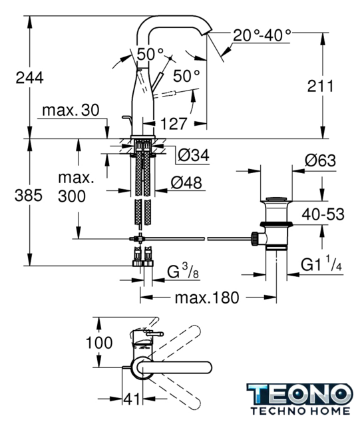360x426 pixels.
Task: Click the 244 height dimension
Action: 30,78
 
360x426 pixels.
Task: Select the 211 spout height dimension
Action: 320,86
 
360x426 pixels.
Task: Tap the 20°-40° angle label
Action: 262,35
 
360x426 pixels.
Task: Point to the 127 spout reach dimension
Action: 174,124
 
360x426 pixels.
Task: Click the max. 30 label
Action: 71,110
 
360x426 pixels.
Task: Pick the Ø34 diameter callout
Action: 194,155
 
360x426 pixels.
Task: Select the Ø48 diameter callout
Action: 186,182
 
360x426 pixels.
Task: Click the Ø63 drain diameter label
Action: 320,160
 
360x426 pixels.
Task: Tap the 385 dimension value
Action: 29,195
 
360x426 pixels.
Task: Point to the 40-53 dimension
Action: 323,214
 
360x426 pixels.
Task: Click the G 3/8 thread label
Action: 183,271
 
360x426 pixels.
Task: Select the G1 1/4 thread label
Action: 321,264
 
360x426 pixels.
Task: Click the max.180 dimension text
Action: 207,298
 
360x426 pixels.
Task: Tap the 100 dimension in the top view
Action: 99,343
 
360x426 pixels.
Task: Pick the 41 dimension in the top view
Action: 132,399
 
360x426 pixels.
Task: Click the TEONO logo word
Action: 300,395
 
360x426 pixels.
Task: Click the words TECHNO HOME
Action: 300,411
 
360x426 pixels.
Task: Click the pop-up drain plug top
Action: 276,198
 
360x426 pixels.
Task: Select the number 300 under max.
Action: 72,196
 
